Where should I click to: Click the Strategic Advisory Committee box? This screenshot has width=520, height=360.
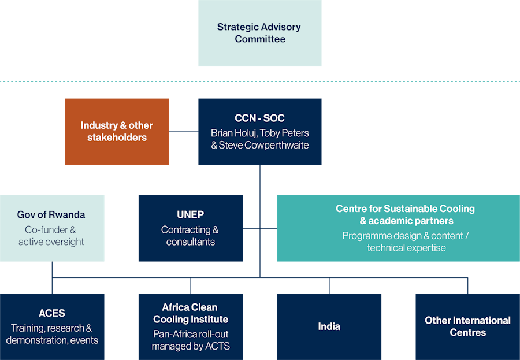click(259, 33)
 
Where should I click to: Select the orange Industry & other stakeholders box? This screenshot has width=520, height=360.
click(117, 132)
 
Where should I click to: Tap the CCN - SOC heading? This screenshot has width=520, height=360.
click(259, 118)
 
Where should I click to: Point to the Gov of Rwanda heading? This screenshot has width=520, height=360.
click(51, 214)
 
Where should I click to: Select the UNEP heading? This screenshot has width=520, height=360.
click(190, 214)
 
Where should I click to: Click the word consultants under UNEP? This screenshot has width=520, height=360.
click(190, 242)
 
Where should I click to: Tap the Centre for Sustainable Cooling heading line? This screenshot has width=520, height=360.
click(405, 209)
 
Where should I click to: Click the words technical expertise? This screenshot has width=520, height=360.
click(406, 248)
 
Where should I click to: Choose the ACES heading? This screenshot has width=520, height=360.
click(52, 313)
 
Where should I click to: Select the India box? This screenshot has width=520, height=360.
click(329, 326)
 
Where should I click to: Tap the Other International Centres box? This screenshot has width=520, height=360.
click(467, 326)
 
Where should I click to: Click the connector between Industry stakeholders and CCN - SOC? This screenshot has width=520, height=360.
click(184, 132)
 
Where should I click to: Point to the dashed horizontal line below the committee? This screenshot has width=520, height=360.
click(116, 81)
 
